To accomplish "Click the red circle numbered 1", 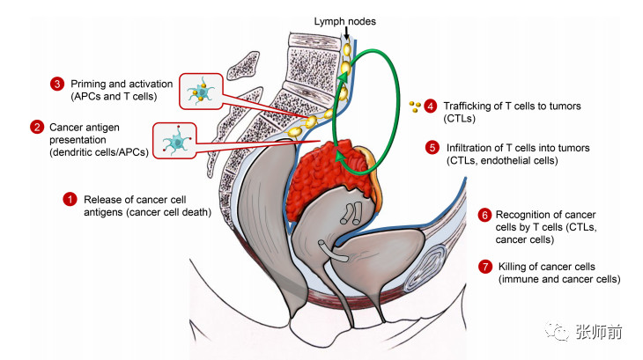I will [70, 199].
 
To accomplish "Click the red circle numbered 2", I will [36, 127].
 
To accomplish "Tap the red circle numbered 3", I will [56, 84].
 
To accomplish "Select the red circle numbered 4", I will [430, 107].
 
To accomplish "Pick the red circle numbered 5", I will [431, 148].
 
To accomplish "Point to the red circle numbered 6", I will [484, 215].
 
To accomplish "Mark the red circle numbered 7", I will [484, 267].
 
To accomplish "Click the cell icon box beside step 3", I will [202, 91].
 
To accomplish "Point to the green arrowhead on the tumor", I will [338, 156].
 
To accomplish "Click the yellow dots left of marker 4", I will [415, 107].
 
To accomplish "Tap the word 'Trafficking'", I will [469, 107].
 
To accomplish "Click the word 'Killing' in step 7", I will [514, 267].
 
